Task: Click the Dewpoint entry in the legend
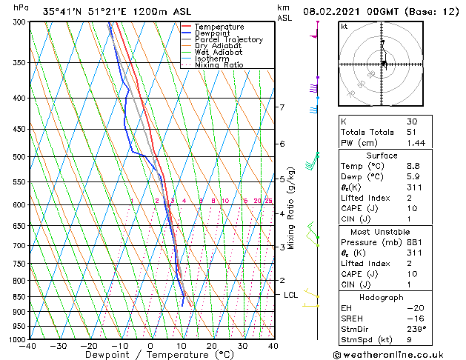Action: click(213, 33)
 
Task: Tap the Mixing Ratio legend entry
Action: click(219, 65)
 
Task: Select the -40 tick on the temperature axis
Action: click(29, 346)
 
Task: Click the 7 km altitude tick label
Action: click(282, 107)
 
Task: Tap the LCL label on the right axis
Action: click(292, 295)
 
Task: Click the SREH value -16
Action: click(414, 318)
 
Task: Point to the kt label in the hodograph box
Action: click(344, 26)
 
